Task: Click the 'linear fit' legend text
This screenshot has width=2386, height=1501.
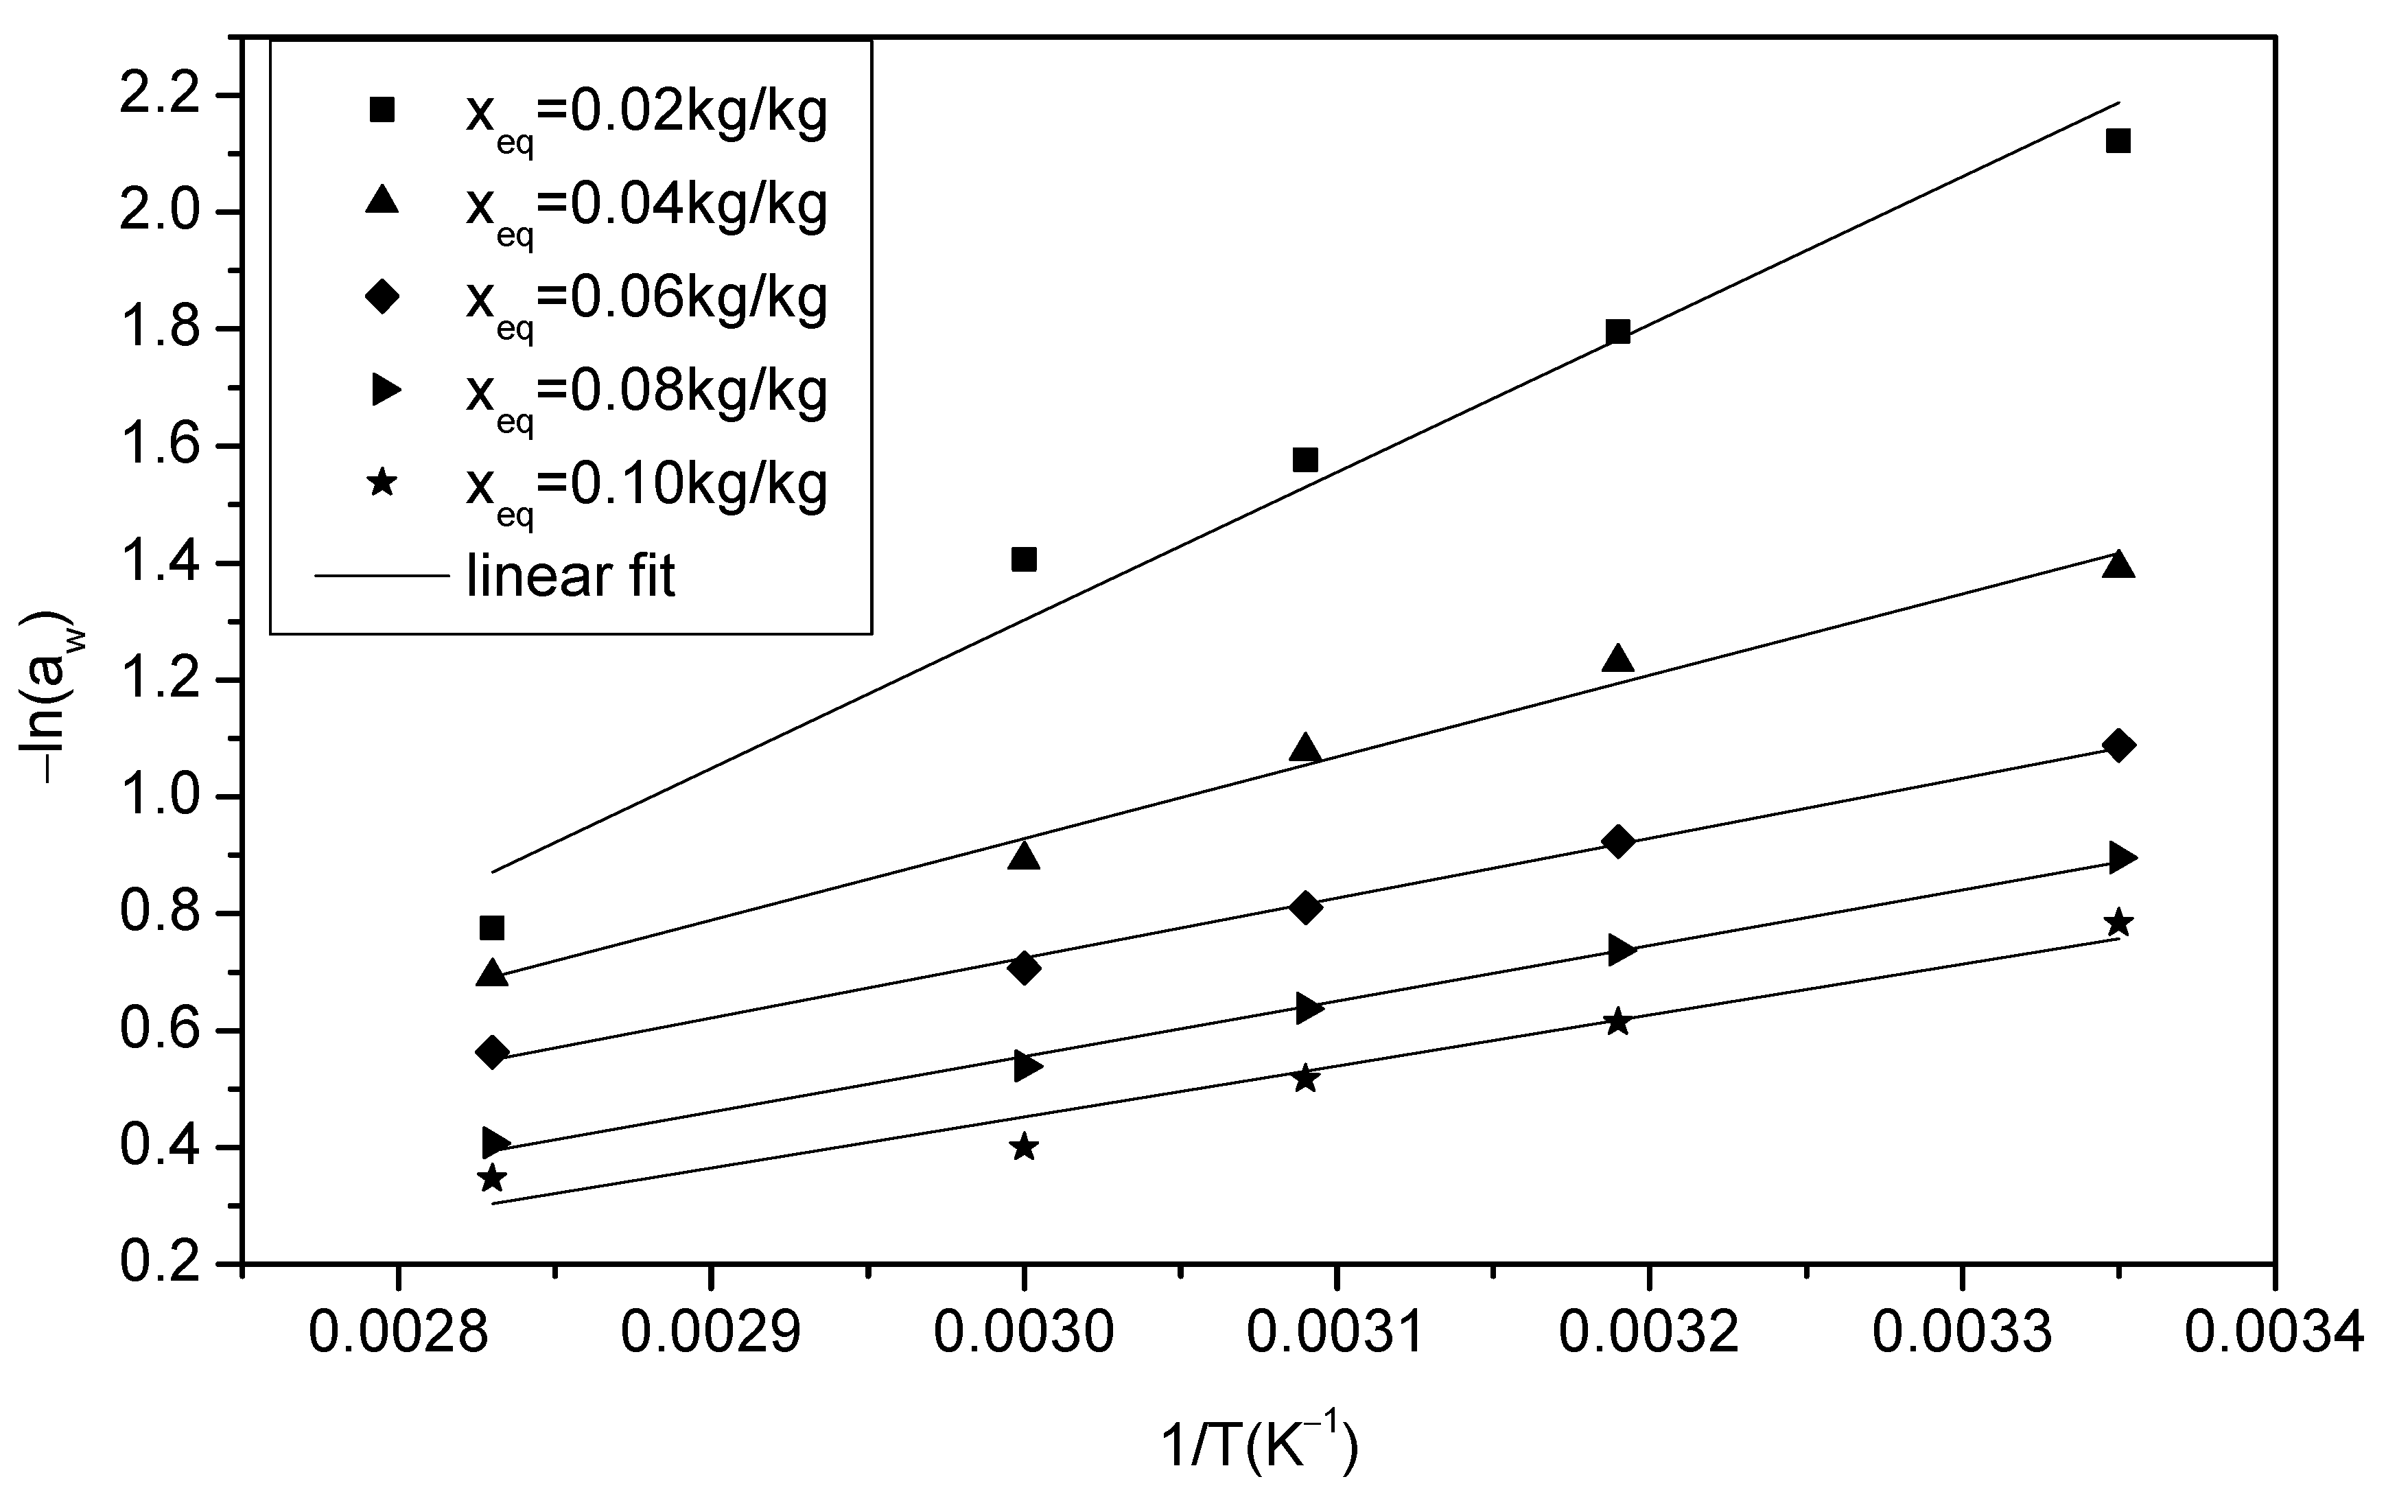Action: (x=571, y=576)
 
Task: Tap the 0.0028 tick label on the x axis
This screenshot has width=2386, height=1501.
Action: (x=398, y=1334)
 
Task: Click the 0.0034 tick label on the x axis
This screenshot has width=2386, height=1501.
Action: (x=2274, y=1334)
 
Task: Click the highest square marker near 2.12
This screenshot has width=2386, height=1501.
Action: (x=2118, y=141)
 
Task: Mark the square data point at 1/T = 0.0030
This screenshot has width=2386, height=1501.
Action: (x=1024, y=560)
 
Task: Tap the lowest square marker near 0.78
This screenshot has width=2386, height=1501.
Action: (x=491, y=929)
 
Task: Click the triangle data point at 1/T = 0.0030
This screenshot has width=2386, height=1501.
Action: (x=1024, y=856)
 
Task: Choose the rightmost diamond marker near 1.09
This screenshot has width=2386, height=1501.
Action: (x=2118, y=745)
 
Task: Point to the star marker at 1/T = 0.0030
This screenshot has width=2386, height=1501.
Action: (x=1024, y=1148)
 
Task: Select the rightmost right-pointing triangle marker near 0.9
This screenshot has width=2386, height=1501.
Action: (x=2121, y=857)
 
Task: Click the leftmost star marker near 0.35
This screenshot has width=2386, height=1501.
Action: (x=491, y=1178)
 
